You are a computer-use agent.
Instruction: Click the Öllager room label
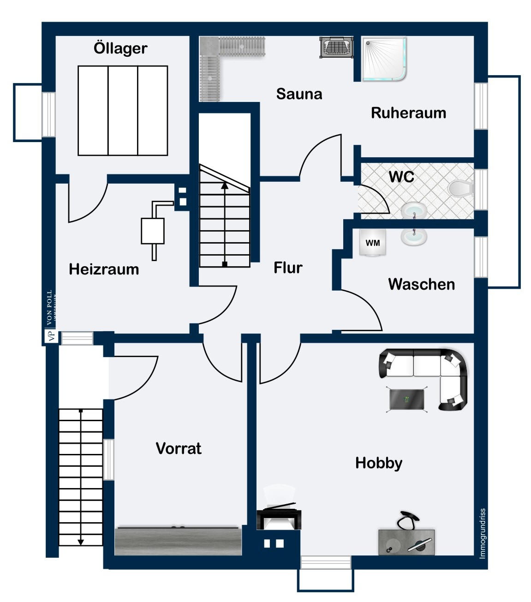click(x=120, y=48)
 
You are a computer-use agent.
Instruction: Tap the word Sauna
click(x=299, y=94)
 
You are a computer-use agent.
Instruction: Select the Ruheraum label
click(x=408, y=113)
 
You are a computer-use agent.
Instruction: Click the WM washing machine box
click(x=373, y=243)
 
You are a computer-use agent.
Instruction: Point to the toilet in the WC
click(x=460, y=188)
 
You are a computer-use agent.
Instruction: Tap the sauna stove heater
click(x=337, y=47)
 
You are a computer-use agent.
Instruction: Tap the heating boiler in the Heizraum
click(x=153, y=231)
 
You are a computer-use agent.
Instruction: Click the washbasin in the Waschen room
click(x=413, y=236)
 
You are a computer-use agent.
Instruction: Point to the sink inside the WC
click(x=414, y=212)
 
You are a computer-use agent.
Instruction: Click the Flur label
click(x=288, y=268)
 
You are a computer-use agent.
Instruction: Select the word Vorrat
click(x=179, y=448)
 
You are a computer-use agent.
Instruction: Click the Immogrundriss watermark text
click(x=483, y=533)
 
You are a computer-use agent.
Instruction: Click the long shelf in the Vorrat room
click(x=178, y=541)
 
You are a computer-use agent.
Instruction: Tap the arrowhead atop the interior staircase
click(x=225, y=185)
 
